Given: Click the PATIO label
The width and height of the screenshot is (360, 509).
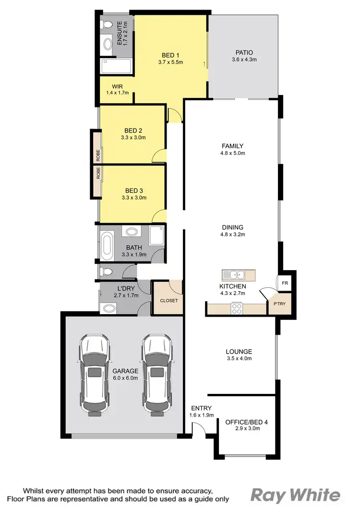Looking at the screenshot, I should [244, 53].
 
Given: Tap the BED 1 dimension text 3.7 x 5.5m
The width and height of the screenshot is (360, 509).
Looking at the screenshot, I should [171, 62].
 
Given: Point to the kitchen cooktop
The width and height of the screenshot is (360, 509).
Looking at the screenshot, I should [237, 308].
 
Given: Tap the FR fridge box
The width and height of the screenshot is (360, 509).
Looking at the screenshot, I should [285, 283].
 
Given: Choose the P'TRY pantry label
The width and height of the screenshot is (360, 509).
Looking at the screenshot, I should [279, 305].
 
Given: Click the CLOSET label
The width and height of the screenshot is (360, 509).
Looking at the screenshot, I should [168, 301].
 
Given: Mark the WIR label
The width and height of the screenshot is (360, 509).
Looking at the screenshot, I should [118, 87].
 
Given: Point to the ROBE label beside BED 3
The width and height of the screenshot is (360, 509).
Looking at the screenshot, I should [97, 172].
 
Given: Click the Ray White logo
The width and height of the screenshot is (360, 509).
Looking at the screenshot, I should [296, 495].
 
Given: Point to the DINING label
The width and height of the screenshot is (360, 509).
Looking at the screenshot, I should [232, 227].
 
